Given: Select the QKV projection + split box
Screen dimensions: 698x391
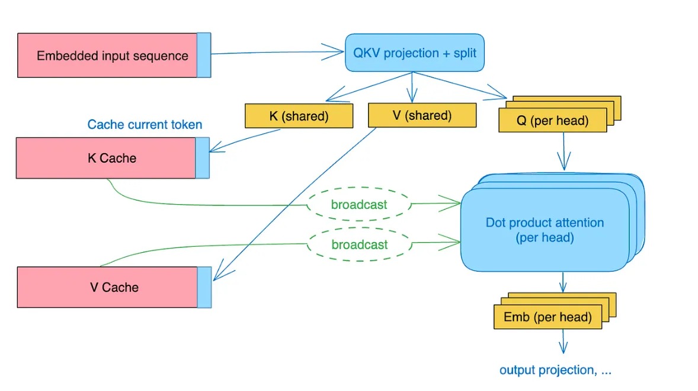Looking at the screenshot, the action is tap(415, 53).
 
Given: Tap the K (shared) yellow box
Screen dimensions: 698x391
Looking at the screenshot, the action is tap(299, 116).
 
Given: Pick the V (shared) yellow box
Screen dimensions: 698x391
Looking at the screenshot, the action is tap(422, 116).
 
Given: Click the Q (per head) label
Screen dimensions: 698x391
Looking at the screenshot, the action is tap(552, 121).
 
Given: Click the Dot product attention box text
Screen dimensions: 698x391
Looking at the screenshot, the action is tap(545, 230).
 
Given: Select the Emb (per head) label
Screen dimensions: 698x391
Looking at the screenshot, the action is tap(547, 317).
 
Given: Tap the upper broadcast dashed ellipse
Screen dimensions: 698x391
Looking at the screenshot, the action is tap(359, 205).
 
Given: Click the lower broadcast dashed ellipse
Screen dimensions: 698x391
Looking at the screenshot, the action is tap(359, 244).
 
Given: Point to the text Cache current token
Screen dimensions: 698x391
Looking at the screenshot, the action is tap(145, 125).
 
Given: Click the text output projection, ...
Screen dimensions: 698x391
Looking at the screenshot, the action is tap(555, 370).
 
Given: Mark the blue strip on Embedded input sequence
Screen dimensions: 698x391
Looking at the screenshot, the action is tap(204, 55).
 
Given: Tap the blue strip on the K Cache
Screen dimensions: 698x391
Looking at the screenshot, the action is tap(203, 158).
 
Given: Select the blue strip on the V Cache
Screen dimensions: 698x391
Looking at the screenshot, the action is tap(204, 287).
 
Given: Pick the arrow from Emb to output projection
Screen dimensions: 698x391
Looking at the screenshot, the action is tap(563, 342).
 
